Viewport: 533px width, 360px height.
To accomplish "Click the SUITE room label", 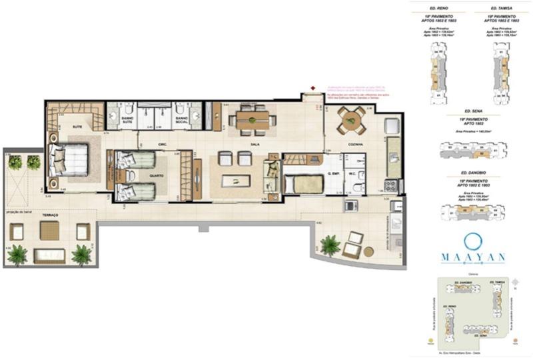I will pos(78,126).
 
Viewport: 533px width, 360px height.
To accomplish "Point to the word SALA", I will pos(254,143).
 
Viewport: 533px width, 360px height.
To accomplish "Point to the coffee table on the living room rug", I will pos(236,180).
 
